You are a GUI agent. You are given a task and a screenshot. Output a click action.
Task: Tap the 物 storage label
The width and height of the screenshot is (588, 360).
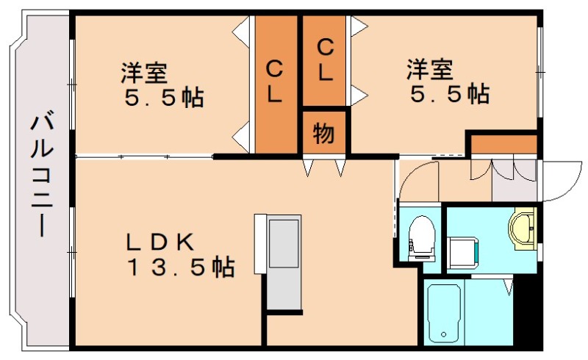[x=324, y=134]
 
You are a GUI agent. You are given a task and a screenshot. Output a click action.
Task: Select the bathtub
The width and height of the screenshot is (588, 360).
[x=444, y=313]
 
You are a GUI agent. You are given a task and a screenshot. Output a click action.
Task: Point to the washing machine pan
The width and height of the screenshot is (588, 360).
[x=463, y=250]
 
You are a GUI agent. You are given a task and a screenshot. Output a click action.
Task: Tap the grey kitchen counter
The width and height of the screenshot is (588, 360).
[x=283, y=262]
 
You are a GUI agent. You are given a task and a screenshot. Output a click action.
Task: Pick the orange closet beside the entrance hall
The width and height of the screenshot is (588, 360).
[x=504, y=144]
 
